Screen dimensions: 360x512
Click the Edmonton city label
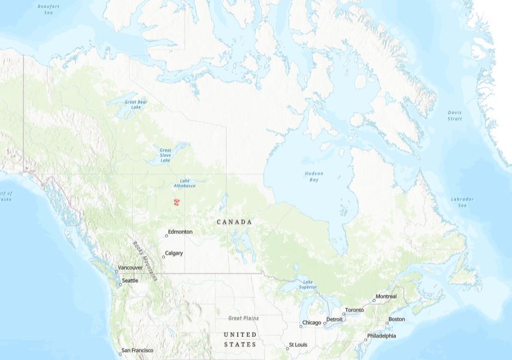[180, 232]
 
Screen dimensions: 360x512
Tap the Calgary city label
[174, 253]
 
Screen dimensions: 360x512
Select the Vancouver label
[130, 267]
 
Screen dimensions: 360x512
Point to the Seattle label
[130, 281]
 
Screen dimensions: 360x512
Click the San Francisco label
[138, 350]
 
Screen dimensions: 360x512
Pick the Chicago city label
[311, 323]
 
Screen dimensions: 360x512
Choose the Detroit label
[335, 319]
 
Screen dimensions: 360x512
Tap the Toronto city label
[354, 310]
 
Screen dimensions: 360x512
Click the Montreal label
[386, 297]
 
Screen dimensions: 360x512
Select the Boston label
[396, 319]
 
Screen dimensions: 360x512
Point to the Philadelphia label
[382, 336]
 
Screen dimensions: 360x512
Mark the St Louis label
[298, 345]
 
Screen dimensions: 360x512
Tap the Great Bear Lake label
[136, 105]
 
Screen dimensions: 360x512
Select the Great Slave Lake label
[166, 155]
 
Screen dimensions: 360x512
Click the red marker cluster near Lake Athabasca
[177, 202]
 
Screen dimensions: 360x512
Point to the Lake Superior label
[307, 284]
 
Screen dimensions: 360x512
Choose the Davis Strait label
[455, 115]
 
